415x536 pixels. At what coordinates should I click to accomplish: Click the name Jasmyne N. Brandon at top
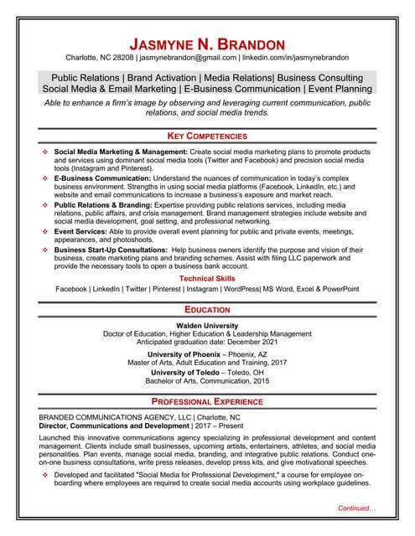pos(207,44)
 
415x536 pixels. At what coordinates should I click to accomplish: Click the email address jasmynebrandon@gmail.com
pos(189,58)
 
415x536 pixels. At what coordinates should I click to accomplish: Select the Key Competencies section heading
pos(207,136)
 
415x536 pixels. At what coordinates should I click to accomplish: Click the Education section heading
pos(207,310)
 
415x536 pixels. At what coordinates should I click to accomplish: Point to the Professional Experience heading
pos(207,402)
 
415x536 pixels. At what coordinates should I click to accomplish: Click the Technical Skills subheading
pos(207,277)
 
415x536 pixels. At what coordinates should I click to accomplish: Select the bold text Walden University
pos(207,325)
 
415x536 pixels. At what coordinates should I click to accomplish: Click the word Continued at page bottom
pos(356,508)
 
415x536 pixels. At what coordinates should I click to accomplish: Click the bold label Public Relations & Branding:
pos(103,204)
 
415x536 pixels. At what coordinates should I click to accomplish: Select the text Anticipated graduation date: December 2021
pos(207,343)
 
